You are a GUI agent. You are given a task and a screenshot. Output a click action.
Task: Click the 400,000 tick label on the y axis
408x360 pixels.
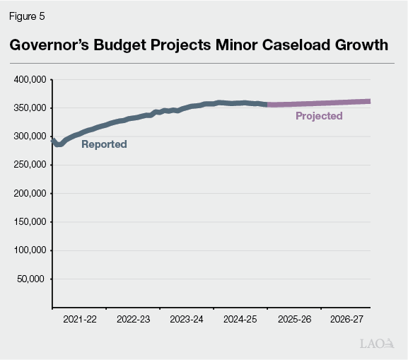pos(30,79)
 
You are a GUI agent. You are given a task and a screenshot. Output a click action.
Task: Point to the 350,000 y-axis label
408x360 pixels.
pos(30,108)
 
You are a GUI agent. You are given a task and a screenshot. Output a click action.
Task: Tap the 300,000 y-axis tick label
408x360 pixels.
pos(30,136)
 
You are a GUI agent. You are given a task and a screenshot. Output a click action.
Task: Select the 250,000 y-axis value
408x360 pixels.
pos(30,164)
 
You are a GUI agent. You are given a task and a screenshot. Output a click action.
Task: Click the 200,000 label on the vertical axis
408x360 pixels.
pos(30,193)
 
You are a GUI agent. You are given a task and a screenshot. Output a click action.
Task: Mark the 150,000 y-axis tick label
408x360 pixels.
pos(30,221)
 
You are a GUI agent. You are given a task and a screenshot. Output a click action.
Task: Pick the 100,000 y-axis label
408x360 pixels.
pos(30,250)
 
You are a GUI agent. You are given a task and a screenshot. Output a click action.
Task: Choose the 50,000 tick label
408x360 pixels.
pos(32,278)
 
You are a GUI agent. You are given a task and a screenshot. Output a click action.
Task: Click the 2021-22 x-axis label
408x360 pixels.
pos(80,320)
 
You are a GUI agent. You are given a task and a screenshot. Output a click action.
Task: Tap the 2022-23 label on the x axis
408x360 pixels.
pos(133,320)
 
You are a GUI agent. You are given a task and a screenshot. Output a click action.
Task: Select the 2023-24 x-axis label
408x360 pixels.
pos(187,320)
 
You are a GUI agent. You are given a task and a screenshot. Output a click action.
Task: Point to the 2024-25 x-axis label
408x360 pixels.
pos(240,320)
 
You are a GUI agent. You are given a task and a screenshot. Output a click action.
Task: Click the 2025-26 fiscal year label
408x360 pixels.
pos(293,320)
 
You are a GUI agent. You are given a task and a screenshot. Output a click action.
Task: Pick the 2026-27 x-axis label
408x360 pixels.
pos(346,320)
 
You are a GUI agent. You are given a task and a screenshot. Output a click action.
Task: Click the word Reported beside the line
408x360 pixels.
pos(104,144)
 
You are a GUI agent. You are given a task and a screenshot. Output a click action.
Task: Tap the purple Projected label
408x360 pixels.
pos(319,116)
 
